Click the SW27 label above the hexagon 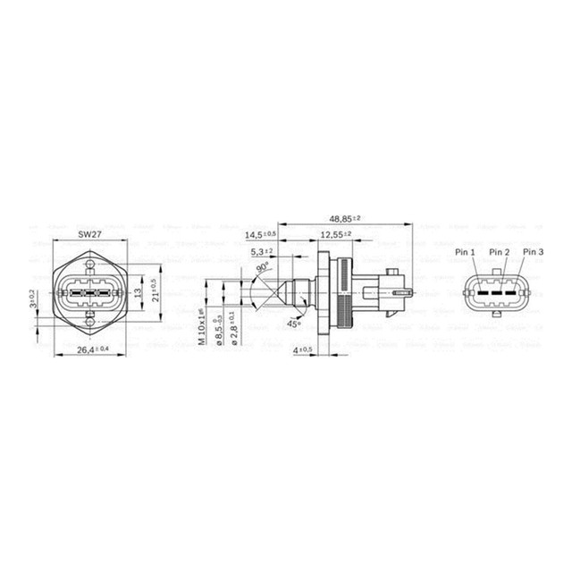pos(88,234)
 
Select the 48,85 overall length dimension pos(345,218)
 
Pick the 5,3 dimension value pos(259,251)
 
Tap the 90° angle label pos(263,267)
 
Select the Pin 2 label pos(500,253)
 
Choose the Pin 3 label pos(533,253)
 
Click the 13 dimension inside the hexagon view pos(137,291)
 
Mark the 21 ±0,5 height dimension pos(153,291)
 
